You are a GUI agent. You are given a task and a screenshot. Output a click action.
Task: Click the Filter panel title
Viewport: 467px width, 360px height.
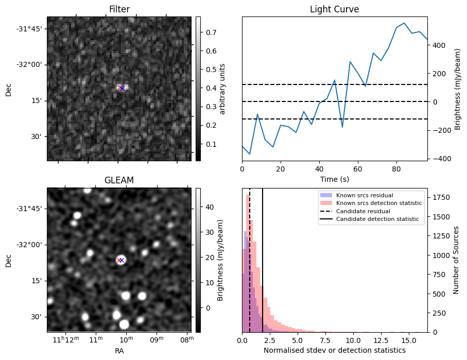pos(119,9)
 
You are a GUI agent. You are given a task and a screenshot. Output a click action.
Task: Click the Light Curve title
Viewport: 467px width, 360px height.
pos(334,9)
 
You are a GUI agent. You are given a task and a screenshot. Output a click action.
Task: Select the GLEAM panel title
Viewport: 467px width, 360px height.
pos(119,180)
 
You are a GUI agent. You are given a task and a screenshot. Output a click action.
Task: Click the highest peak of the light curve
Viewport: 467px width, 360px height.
pos(404,23)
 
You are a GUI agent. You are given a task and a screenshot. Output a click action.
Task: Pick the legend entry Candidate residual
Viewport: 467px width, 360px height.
pos(363,211)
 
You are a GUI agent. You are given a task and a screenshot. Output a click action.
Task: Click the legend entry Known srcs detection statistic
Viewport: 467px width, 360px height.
pos(378,203)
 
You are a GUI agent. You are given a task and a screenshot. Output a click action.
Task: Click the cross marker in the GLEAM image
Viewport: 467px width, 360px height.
pos(122,260)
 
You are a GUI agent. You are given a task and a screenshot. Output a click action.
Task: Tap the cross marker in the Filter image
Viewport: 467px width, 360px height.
pos(122,88)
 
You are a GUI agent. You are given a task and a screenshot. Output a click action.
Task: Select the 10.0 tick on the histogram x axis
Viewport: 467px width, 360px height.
pos(353,340)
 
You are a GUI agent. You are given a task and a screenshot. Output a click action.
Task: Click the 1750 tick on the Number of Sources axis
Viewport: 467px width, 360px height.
pos(441,197)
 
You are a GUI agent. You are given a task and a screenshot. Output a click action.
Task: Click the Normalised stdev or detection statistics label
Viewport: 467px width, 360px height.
pos(334,350)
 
